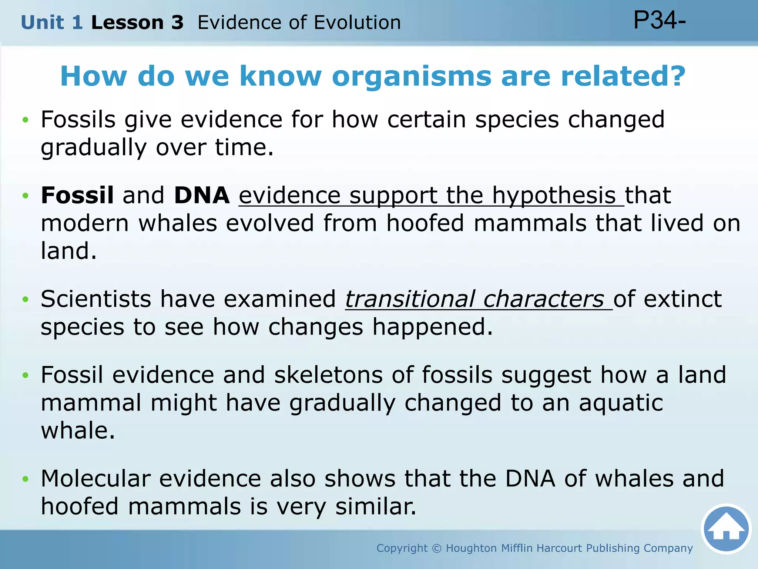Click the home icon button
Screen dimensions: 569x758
pyautogui.click(x=726, y=529)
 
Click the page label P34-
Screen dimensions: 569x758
pyautogui.click(x=660, y=20)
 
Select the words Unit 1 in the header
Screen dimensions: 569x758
pyautogui.click(x=51, y=23)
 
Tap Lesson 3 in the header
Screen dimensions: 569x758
pyautogui.click(x=137, y=23)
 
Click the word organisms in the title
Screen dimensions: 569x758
pyautogui.click(x=411, y=77)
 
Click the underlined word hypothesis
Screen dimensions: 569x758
pyautogui.click(x=554, y=196)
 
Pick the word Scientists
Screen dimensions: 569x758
pyautogui.click(x=96, y=299)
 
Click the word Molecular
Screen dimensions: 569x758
pyautogui.click(x=95, y=478)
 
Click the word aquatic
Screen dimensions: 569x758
pyautogui.click(x=621, y=403)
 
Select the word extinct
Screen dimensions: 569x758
pyautogui.click(x=682, y=299)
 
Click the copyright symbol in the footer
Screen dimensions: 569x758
pyautogui.click(x=437, y=548)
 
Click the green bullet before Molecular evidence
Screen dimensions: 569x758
pyautogui.click(x=25, y=479)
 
